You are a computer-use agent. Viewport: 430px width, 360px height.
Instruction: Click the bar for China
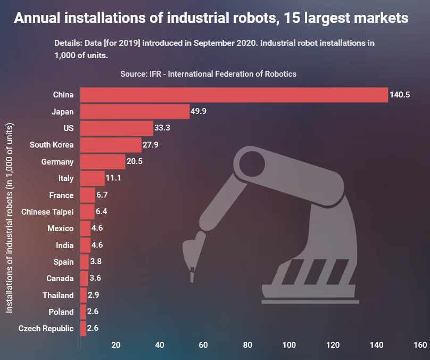click(x=234, y=95)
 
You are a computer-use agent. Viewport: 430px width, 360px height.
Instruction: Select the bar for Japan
click(x=135, y=111)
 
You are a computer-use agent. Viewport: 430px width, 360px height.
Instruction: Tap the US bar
click(x=117, y=128)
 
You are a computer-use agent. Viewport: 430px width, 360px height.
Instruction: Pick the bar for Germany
click(x=103, y=161)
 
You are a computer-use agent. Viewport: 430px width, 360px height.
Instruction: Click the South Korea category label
click(x=52, y=145)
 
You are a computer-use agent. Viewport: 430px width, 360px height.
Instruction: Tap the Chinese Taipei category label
click(x=47, y=212)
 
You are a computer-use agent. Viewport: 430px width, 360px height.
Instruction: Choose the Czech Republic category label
click(x=46, y=328)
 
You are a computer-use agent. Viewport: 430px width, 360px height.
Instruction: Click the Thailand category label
click(x=58, y=295)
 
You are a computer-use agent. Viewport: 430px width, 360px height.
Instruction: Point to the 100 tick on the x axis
click(x=290, y=345)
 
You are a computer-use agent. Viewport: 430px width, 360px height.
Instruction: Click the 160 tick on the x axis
click(x=420, y=345)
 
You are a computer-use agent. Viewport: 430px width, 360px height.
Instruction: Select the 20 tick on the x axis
click(x=115, y=345)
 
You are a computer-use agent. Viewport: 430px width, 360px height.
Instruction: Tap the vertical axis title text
click(x=10, y=218)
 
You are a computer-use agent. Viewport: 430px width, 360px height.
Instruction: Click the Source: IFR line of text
click(x=208, y=74)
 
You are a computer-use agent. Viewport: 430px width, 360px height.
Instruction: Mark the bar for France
click(x=87, y=195)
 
